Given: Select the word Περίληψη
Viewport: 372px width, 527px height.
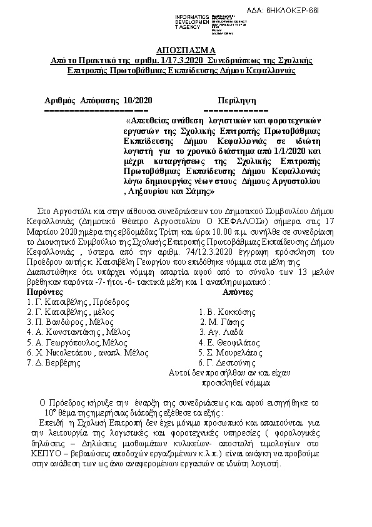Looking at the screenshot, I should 236,100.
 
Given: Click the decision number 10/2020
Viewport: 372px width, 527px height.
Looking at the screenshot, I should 137,100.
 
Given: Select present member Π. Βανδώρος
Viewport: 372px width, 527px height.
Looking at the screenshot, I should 54,322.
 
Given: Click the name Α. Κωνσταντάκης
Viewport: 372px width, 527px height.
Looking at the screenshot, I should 66,332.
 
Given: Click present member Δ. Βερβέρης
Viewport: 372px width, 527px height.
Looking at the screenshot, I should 50,362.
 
